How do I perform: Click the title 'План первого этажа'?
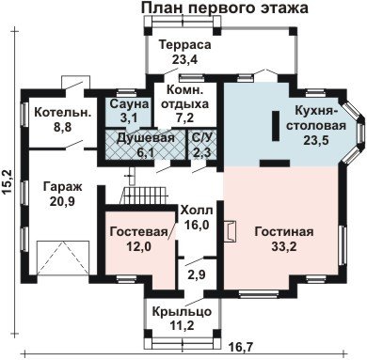click(225, 8)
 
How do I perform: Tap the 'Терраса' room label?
click(184, 44)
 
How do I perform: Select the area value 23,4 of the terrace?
click(184, 59)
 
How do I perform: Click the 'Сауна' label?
click(129, 103)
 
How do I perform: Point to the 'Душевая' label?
click(145, 138)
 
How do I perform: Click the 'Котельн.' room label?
click(63, 113)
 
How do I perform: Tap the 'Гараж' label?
click(62, 187)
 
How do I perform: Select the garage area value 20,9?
click(62, 201)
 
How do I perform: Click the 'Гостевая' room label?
click(138, 232)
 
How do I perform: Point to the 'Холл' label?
click(197, 211)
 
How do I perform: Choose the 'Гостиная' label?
click(284, 232)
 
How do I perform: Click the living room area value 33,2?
click(284, 247)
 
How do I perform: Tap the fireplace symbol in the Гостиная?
click(229, 231)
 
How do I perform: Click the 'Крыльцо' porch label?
click(182, 312)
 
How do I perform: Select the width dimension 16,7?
click(241, 347)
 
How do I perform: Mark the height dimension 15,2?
click(8, 182)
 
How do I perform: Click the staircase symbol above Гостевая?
click(144, 196)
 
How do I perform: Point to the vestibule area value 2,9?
click(197, 274)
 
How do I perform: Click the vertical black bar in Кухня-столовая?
click(276, 126)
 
